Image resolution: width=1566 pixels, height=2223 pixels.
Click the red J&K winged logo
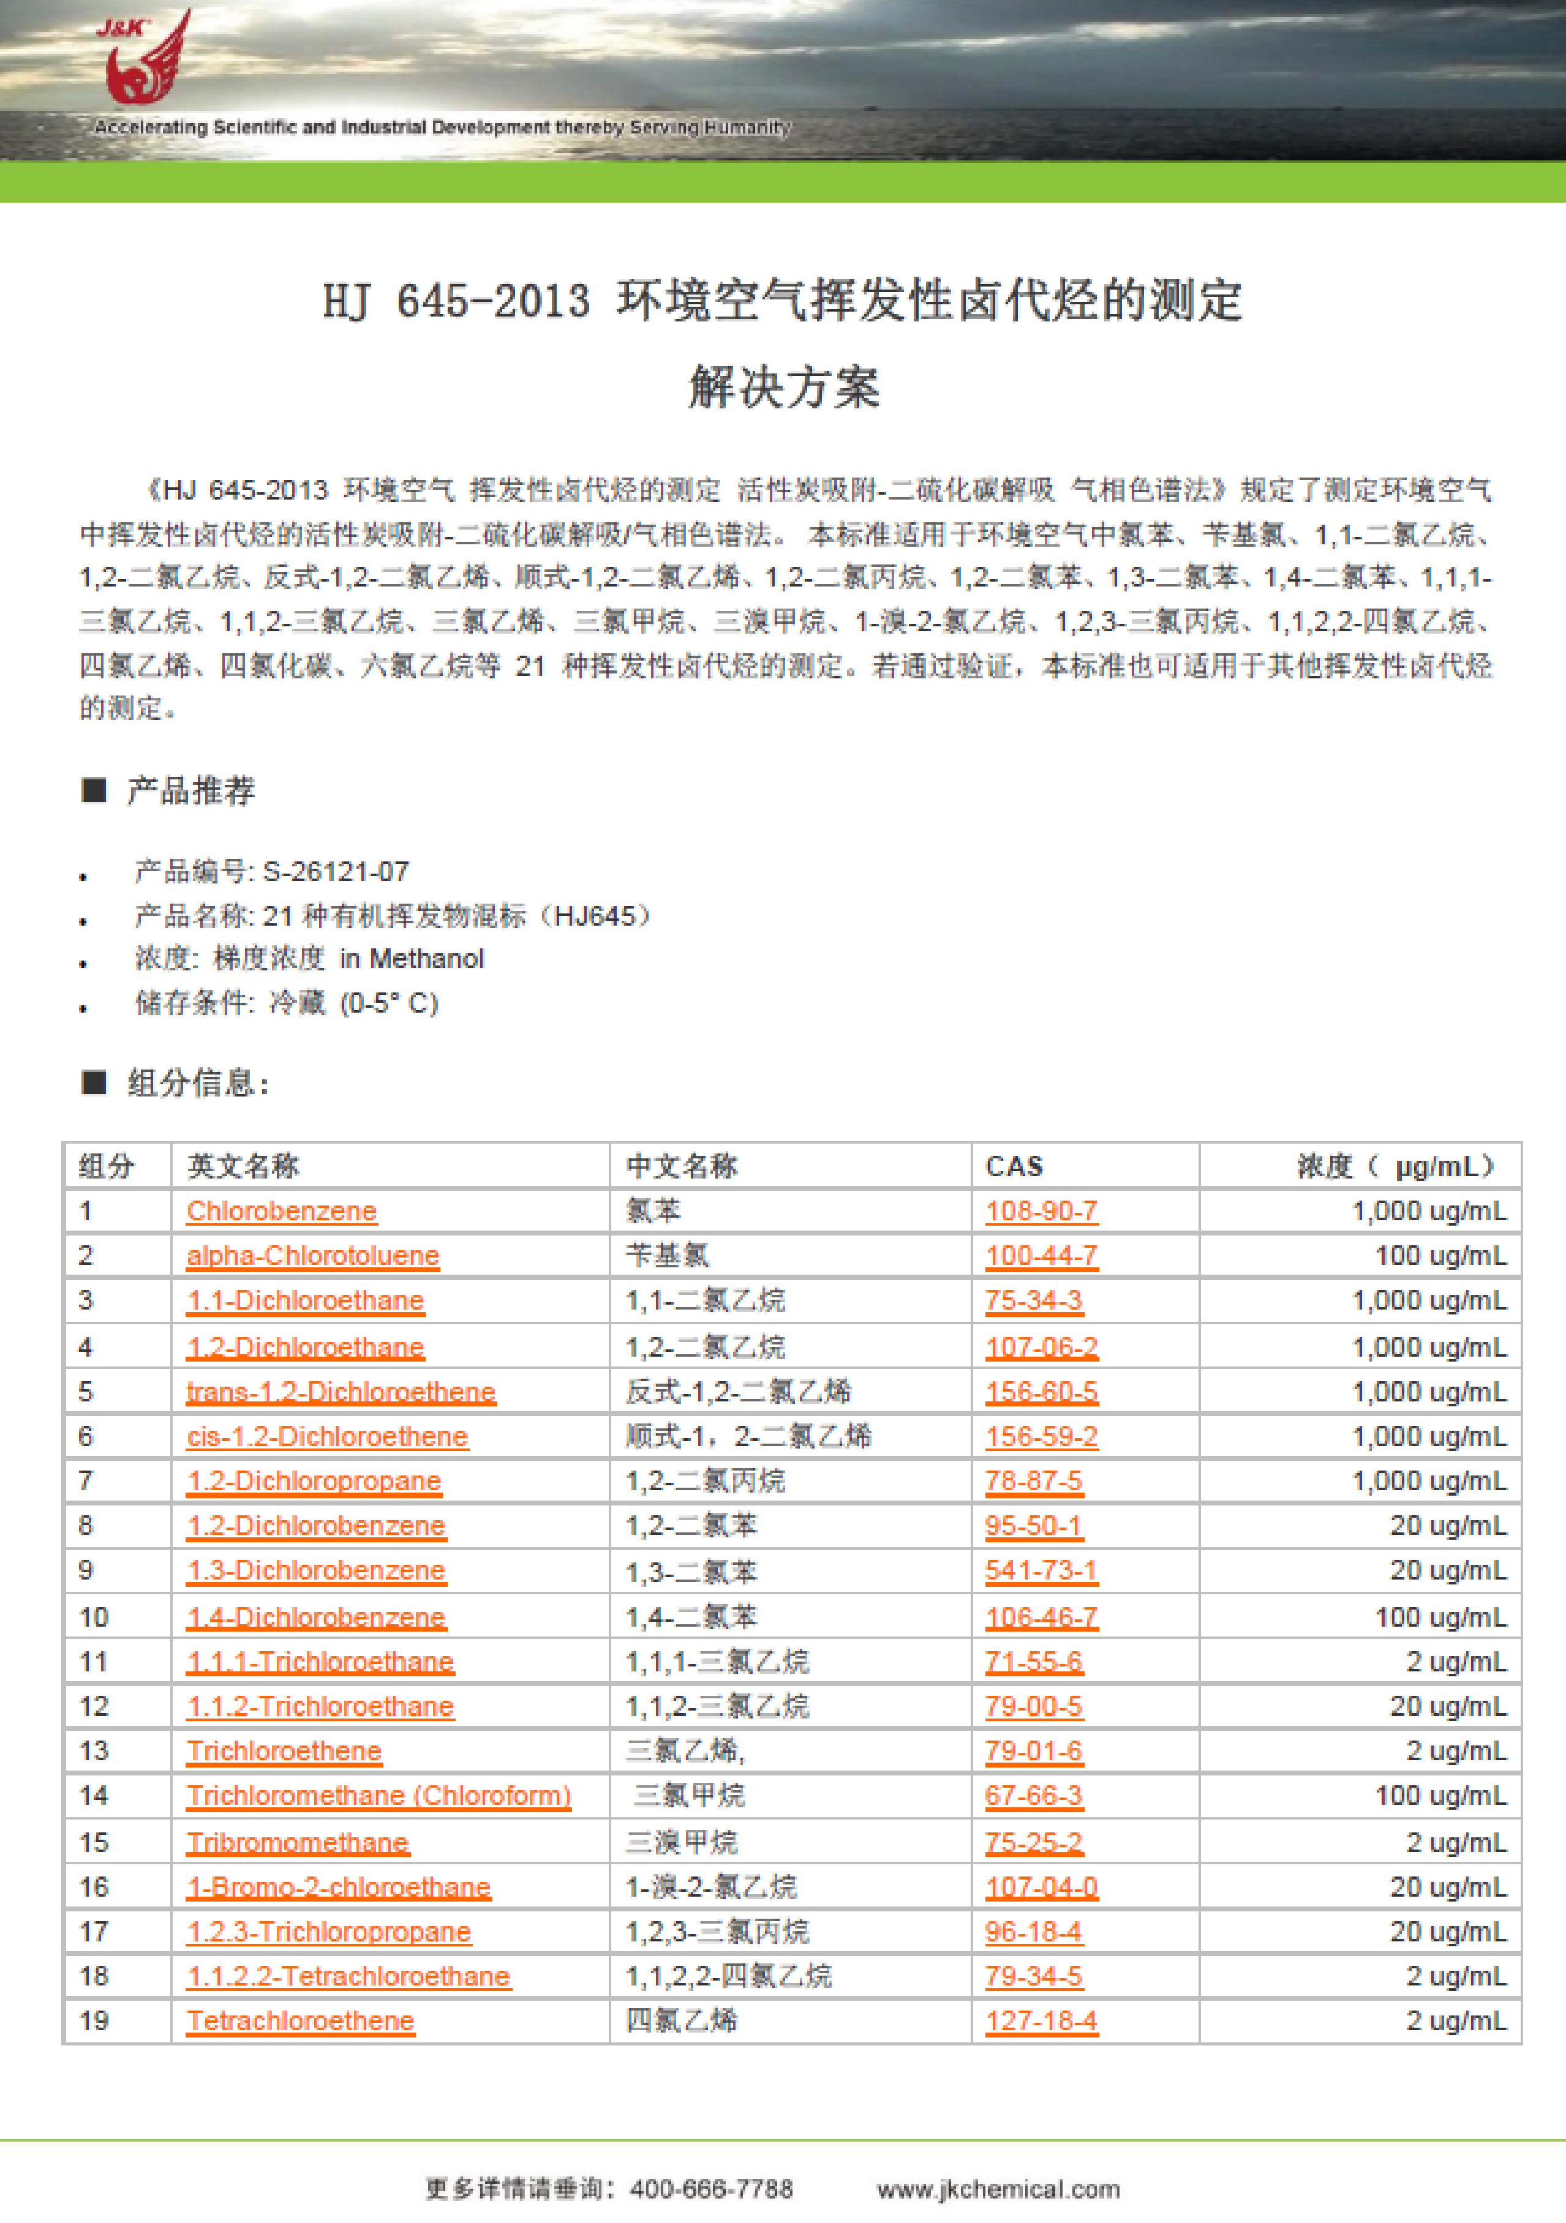(x=145, y=60)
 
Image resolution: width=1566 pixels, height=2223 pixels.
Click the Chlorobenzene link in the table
(x=281, y=1210)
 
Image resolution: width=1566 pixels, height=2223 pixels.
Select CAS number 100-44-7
(x=1041, y=1256)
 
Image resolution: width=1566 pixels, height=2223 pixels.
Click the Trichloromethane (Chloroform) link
(x=378, y=1796)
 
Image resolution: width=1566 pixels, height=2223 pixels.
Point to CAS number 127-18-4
(x=1041, y=2020)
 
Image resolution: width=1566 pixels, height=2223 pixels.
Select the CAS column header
(x=1014, y=1166)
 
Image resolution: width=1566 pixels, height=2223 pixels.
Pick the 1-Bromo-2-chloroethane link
(x=339, y=1887)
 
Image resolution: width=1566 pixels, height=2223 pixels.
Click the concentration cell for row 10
(x=1440, y=1617)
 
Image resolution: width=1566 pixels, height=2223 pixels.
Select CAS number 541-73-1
(x=1041, y=1570)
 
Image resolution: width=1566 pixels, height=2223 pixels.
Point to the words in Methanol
(x=412, y=959)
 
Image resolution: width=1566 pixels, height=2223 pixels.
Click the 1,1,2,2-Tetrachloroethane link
(x=348, y=1976)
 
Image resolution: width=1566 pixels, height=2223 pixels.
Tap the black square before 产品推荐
(x=94, y=790)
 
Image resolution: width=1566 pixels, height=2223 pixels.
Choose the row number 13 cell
(x=94, y=1750)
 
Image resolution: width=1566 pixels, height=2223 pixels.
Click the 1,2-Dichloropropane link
(x=314, y=1480)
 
